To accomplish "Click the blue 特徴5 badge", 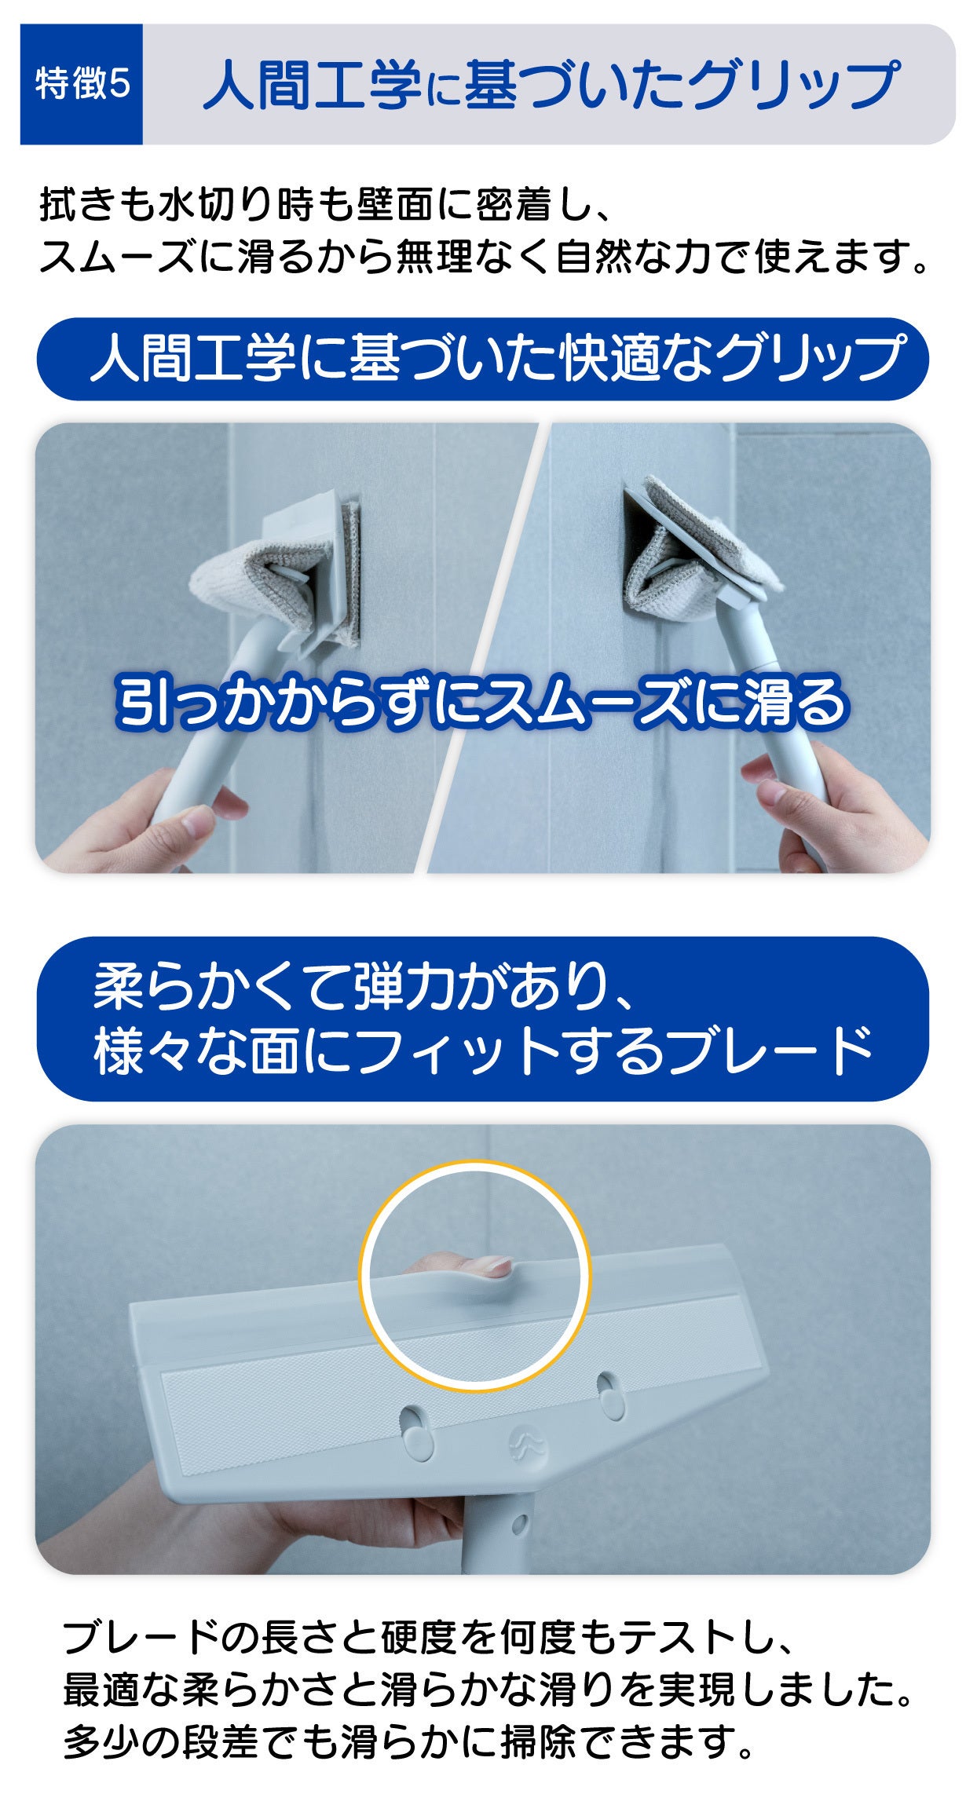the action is point(82,84).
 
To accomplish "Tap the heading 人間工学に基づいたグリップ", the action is point(551,85).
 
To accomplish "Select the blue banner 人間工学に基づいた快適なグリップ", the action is point(482,359).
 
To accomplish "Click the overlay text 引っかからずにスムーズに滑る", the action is point(481,701).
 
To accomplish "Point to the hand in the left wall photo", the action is point(134,824).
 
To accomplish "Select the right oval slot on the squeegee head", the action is point(609,1395).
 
